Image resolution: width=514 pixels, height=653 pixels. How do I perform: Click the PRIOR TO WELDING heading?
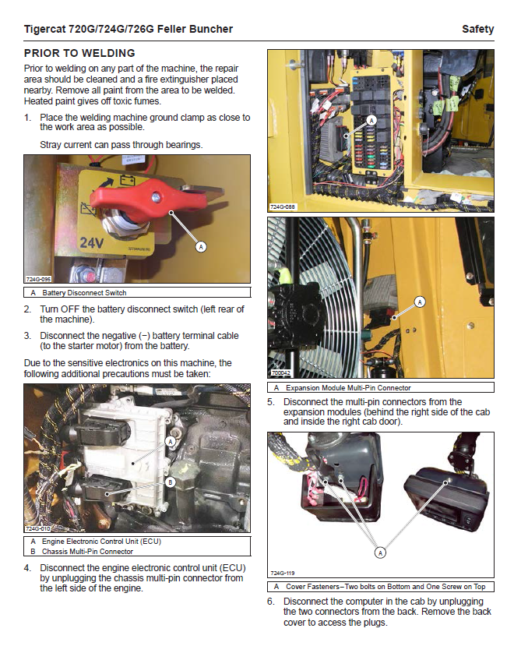[79, 54]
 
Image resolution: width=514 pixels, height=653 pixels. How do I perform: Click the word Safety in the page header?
[477, 30]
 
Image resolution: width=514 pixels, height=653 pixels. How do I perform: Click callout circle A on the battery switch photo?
[201, 247]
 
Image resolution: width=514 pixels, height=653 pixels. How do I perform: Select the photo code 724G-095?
[38, 279]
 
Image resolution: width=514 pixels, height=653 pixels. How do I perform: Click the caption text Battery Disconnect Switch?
[84, 293]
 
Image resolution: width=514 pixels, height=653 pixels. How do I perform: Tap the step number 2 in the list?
[28, 310]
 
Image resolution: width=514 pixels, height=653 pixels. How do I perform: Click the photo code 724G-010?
[38, 528]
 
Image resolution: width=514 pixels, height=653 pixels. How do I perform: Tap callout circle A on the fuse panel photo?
[371, 121]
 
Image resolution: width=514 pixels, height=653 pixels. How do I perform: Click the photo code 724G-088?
[283, 207]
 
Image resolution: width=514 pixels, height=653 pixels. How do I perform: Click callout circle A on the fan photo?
[421, 301]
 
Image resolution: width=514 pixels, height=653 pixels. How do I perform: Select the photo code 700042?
[280, 375]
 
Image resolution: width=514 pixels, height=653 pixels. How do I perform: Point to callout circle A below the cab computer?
[380, 552]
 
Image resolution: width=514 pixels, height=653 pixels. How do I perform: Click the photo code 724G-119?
[283, 574]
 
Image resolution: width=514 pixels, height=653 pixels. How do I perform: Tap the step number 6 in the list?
[271, 602]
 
